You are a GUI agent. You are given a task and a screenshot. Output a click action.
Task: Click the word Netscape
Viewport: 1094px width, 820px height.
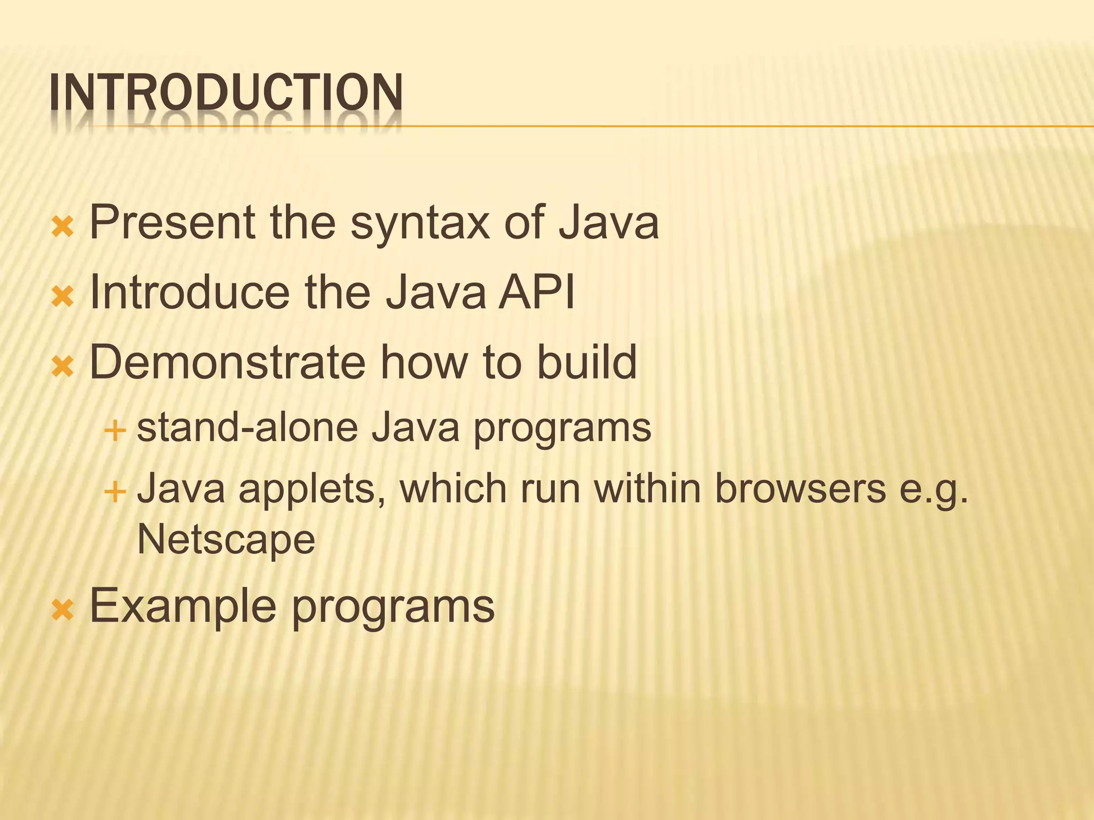pos(226,540)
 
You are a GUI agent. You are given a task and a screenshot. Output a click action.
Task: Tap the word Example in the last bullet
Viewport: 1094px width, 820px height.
pos(182,606)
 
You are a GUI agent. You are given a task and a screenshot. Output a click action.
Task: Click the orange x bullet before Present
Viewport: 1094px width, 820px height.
pos(62,227)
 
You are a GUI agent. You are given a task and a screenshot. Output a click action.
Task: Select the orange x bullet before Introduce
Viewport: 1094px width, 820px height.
pos(62,297)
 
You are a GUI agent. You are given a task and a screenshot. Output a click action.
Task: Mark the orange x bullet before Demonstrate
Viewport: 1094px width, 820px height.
pos(62,367)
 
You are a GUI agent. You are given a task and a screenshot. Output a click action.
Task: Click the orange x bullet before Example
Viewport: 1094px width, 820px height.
pos(62,611)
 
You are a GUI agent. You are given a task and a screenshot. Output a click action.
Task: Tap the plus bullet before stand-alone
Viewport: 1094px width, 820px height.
pos(115,430)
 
